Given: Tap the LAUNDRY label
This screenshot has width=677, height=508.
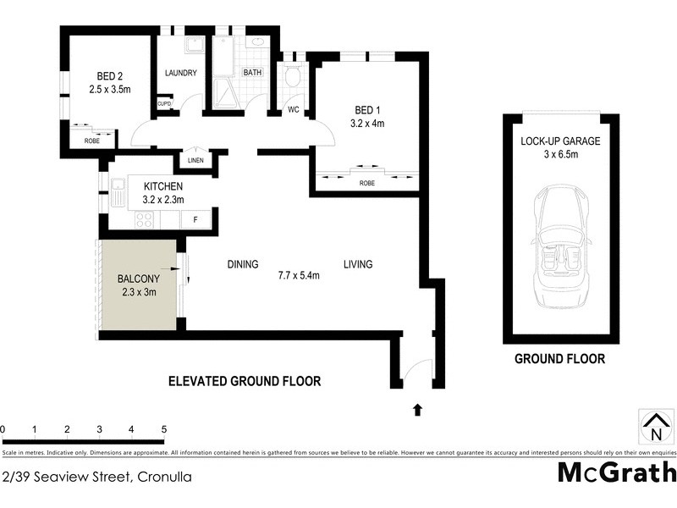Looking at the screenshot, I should click(180, 73).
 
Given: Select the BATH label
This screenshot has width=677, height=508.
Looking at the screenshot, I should click(252, 73).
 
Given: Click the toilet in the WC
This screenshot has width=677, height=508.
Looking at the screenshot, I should click(293, 77).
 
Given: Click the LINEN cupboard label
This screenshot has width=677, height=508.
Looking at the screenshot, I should click(195, 160).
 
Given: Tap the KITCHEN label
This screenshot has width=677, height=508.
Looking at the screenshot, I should click(163, 186).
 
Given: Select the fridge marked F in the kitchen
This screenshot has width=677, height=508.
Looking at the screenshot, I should click(195, 220).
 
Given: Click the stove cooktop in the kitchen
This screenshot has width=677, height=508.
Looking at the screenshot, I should click(144, 220).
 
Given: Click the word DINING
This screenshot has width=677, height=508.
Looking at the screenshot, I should click(243, 264).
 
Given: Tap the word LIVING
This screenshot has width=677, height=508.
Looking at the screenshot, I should click(357, 264).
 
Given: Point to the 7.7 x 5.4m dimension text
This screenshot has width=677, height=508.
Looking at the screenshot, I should click(300, 275).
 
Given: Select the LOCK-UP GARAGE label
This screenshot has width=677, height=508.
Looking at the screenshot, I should click(560, 141).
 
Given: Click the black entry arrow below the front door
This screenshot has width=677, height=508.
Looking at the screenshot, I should click(416, 411).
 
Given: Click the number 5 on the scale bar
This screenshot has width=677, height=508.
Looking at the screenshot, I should click(163, 429).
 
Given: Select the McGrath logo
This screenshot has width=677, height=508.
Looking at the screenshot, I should click(617, 472).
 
